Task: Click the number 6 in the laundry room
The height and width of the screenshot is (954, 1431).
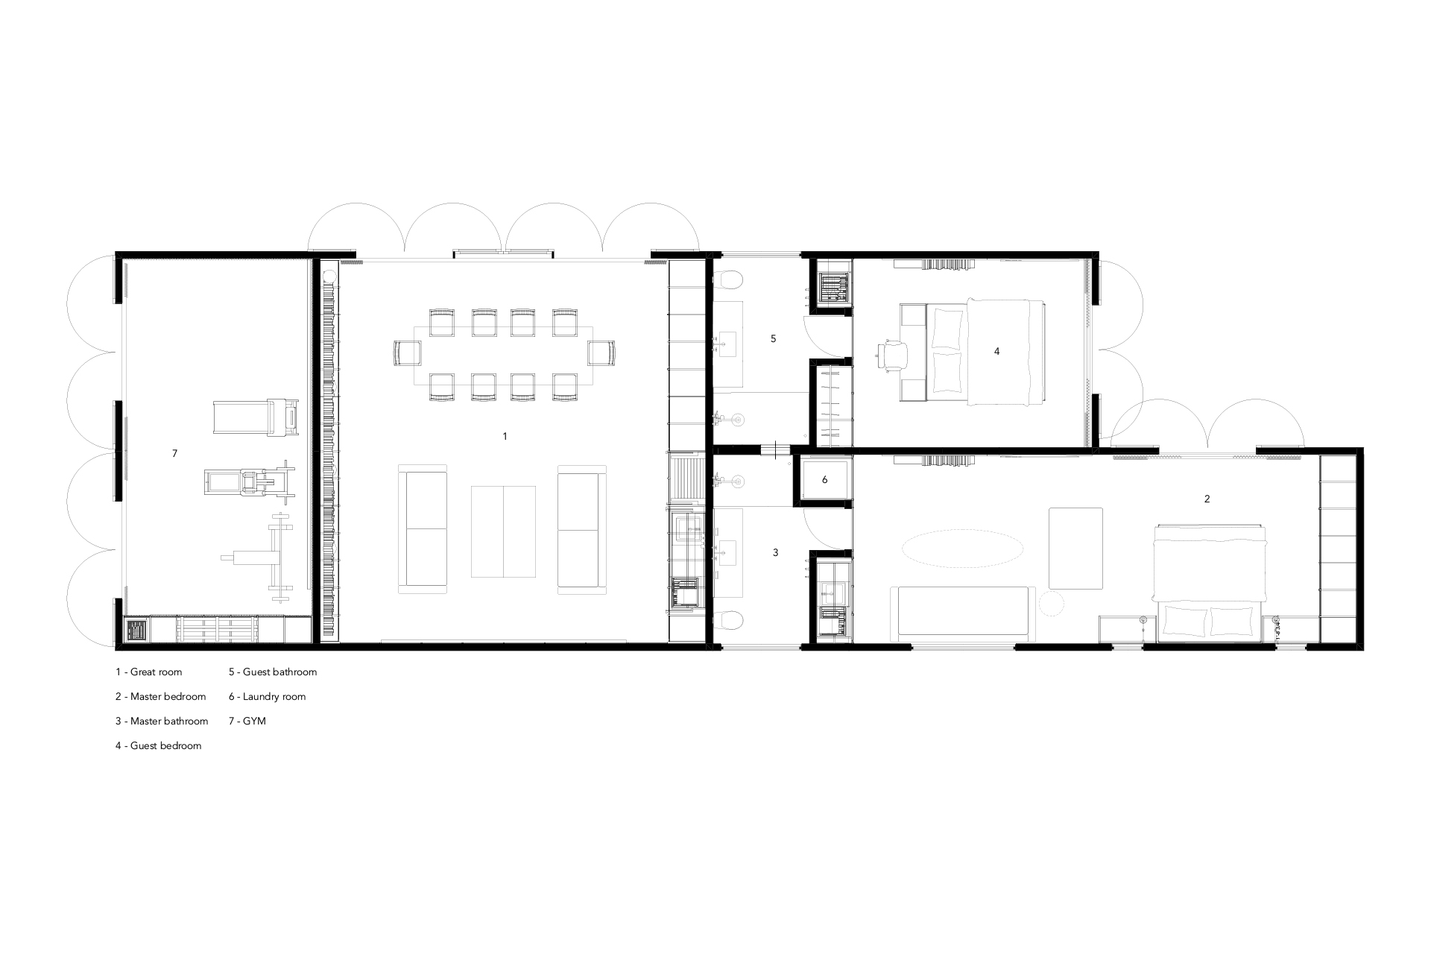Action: click(x=824, y=480)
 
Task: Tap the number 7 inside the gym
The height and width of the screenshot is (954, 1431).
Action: click(x=174, y=453)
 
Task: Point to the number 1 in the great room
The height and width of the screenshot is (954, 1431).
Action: click(x=505, y=436)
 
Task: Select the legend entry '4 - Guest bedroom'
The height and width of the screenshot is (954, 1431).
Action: click(x=158, y=745)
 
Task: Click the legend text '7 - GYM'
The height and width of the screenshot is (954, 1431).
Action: click(x=247, y=721)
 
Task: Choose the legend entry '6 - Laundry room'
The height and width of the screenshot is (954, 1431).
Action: click(x=268, y=697)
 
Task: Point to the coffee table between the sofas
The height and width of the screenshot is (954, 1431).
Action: click(x=503, y=531)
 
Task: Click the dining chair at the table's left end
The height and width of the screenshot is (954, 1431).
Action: click(x=407, y=353)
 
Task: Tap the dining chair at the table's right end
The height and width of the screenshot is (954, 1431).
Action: click(x=602, y=353)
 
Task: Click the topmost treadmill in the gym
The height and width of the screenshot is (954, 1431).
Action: click(x=256, y=418)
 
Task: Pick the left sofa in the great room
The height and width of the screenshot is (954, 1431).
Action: click(x=423, y=529)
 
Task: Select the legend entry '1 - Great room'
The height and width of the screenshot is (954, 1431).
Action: click(x=148, y=672)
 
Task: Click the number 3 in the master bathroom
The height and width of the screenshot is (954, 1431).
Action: click(x=775, y=552)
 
